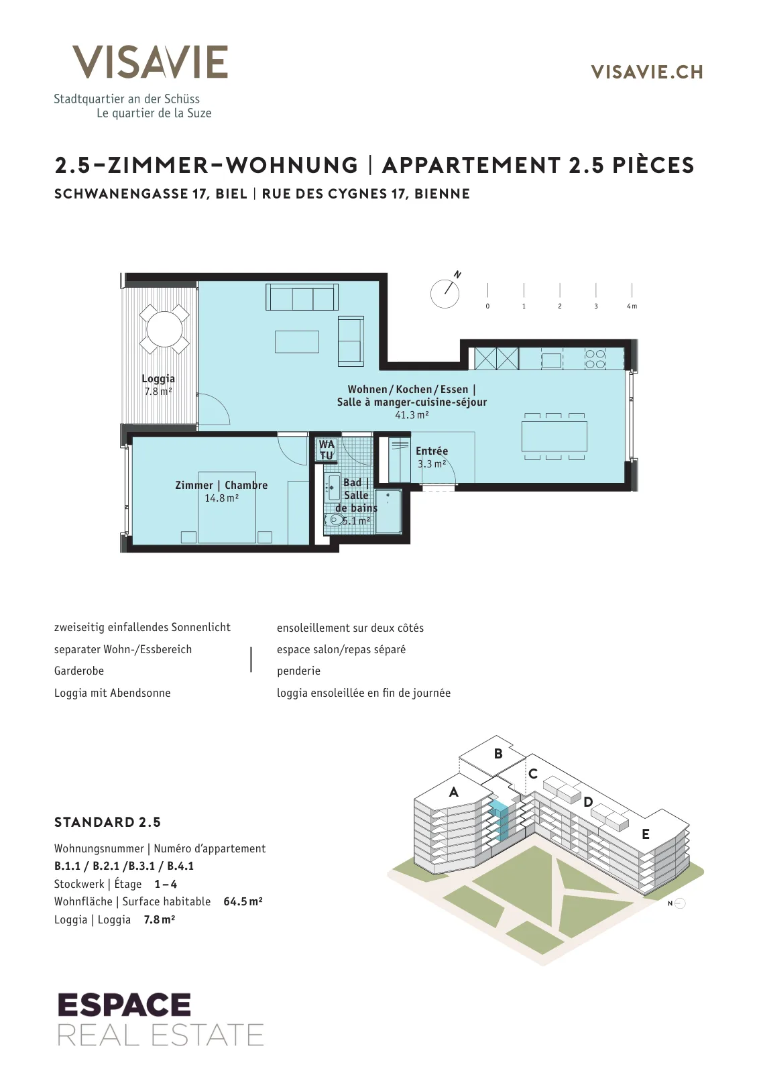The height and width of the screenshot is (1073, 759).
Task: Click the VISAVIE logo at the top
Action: pos(150,62)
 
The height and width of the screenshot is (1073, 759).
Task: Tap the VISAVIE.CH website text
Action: pos(647,72)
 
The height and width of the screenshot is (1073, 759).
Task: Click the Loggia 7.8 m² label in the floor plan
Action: pos(158,385)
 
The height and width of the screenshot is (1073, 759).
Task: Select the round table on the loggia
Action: pos(164,329)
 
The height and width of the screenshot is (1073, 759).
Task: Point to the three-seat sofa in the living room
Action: pos(302,297)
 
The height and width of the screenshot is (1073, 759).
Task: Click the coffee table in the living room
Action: pos(297,341)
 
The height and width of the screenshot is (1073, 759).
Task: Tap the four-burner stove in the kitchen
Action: pos(595,359)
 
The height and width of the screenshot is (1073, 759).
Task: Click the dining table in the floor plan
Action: pos(554,436)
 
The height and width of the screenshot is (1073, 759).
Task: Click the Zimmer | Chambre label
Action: pos(221,486)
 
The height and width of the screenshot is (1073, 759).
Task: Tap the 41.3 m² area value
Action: pos(411,415)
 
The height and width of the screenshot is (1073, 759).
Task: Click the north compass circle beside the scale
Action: pos(445,294)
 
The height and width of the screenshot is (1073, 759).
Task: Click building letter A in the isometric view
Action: pos(453,792)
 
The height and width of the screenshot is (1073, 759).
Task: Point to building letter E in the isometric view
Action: pos(645,834)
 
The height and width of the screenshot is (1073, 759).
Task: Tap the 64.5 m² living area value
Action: pos(243,901)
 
